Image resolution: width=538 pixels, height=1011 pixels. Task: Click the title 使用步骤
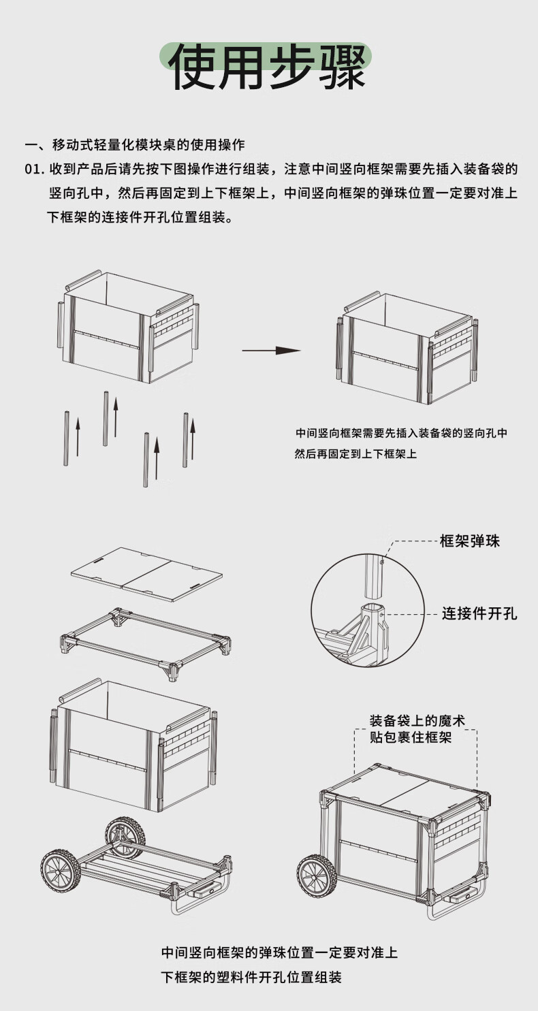(268, 67)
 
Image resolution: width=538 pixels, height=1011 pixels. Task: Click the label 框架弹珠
(470, 542)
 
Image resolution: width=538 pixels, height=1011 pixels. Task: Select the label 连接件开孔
(479, 613)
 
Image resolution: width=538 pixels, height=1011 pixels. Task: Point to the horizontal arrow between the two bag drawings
(271, 351)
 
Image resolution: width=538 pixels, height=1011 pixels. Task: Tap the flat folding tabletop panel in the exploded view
(146, 574)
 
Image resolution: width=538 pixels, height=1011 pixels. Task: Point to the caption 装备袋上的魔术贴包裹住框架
(417, 728)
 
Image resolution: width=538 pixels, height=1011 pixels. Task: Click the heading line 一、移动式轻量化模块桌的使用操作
(135, 145)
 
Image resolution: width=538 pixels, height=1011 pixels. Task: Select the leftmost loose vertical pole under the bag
(67, 438)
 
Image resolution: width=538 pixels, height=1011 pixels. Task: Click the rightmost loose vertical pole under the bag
(185, 440)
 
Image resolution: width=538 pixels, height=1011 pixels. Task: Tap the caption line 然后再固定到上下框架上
(355, 453)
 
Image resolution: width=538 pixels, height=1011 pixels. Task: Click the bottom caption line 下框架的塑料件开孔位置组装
(251, 977)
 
